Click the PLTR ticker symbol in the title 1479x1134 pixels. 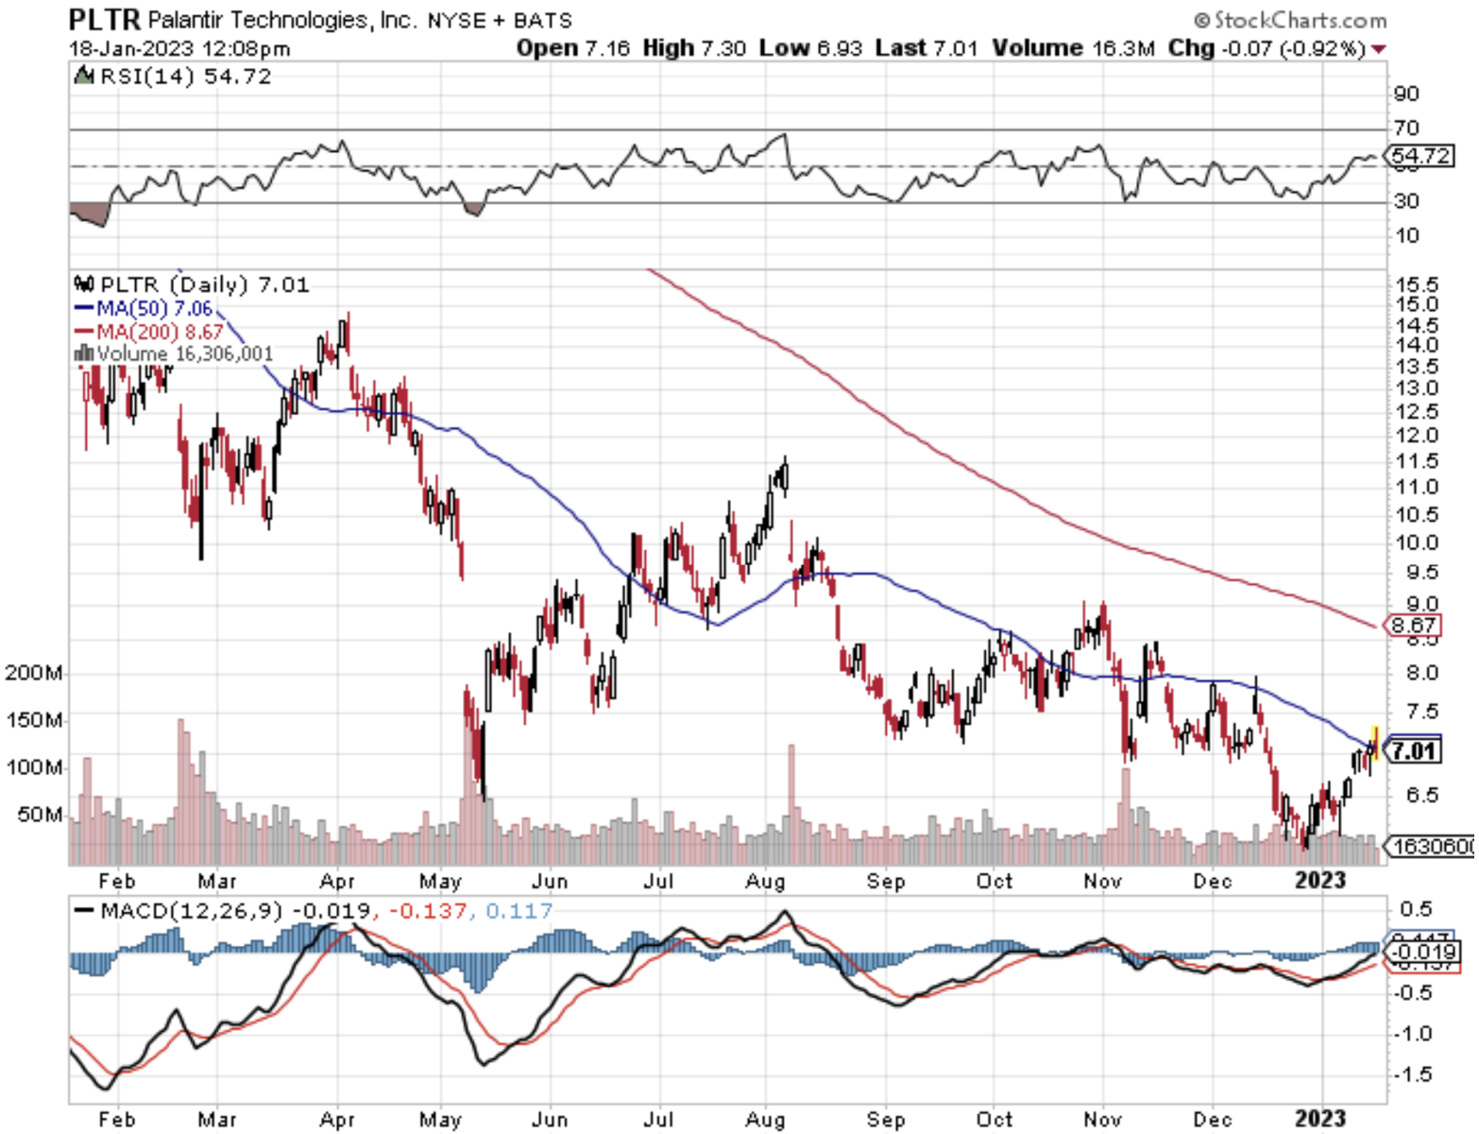click(x=105, y=19)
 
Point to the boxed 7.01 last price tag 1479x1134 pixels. click(x=1413, y=751)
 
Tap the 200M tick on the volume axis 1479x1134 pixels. click(x=34, y=673)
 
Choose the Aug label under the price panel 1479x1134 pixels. click(x=765, y=881)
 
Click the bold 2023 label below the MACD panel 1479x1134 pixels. click(x=1319, y=1119)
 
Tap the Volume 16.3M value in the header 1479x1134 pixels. click(x=1073, y=48)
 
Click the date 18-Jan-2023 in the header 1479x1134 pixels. click(x=130, y=48)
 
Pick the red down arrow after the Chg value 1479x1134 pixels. click(x=1379, y=49)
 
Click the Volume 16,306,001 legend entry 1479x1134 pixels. click(x=184, y=354)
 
